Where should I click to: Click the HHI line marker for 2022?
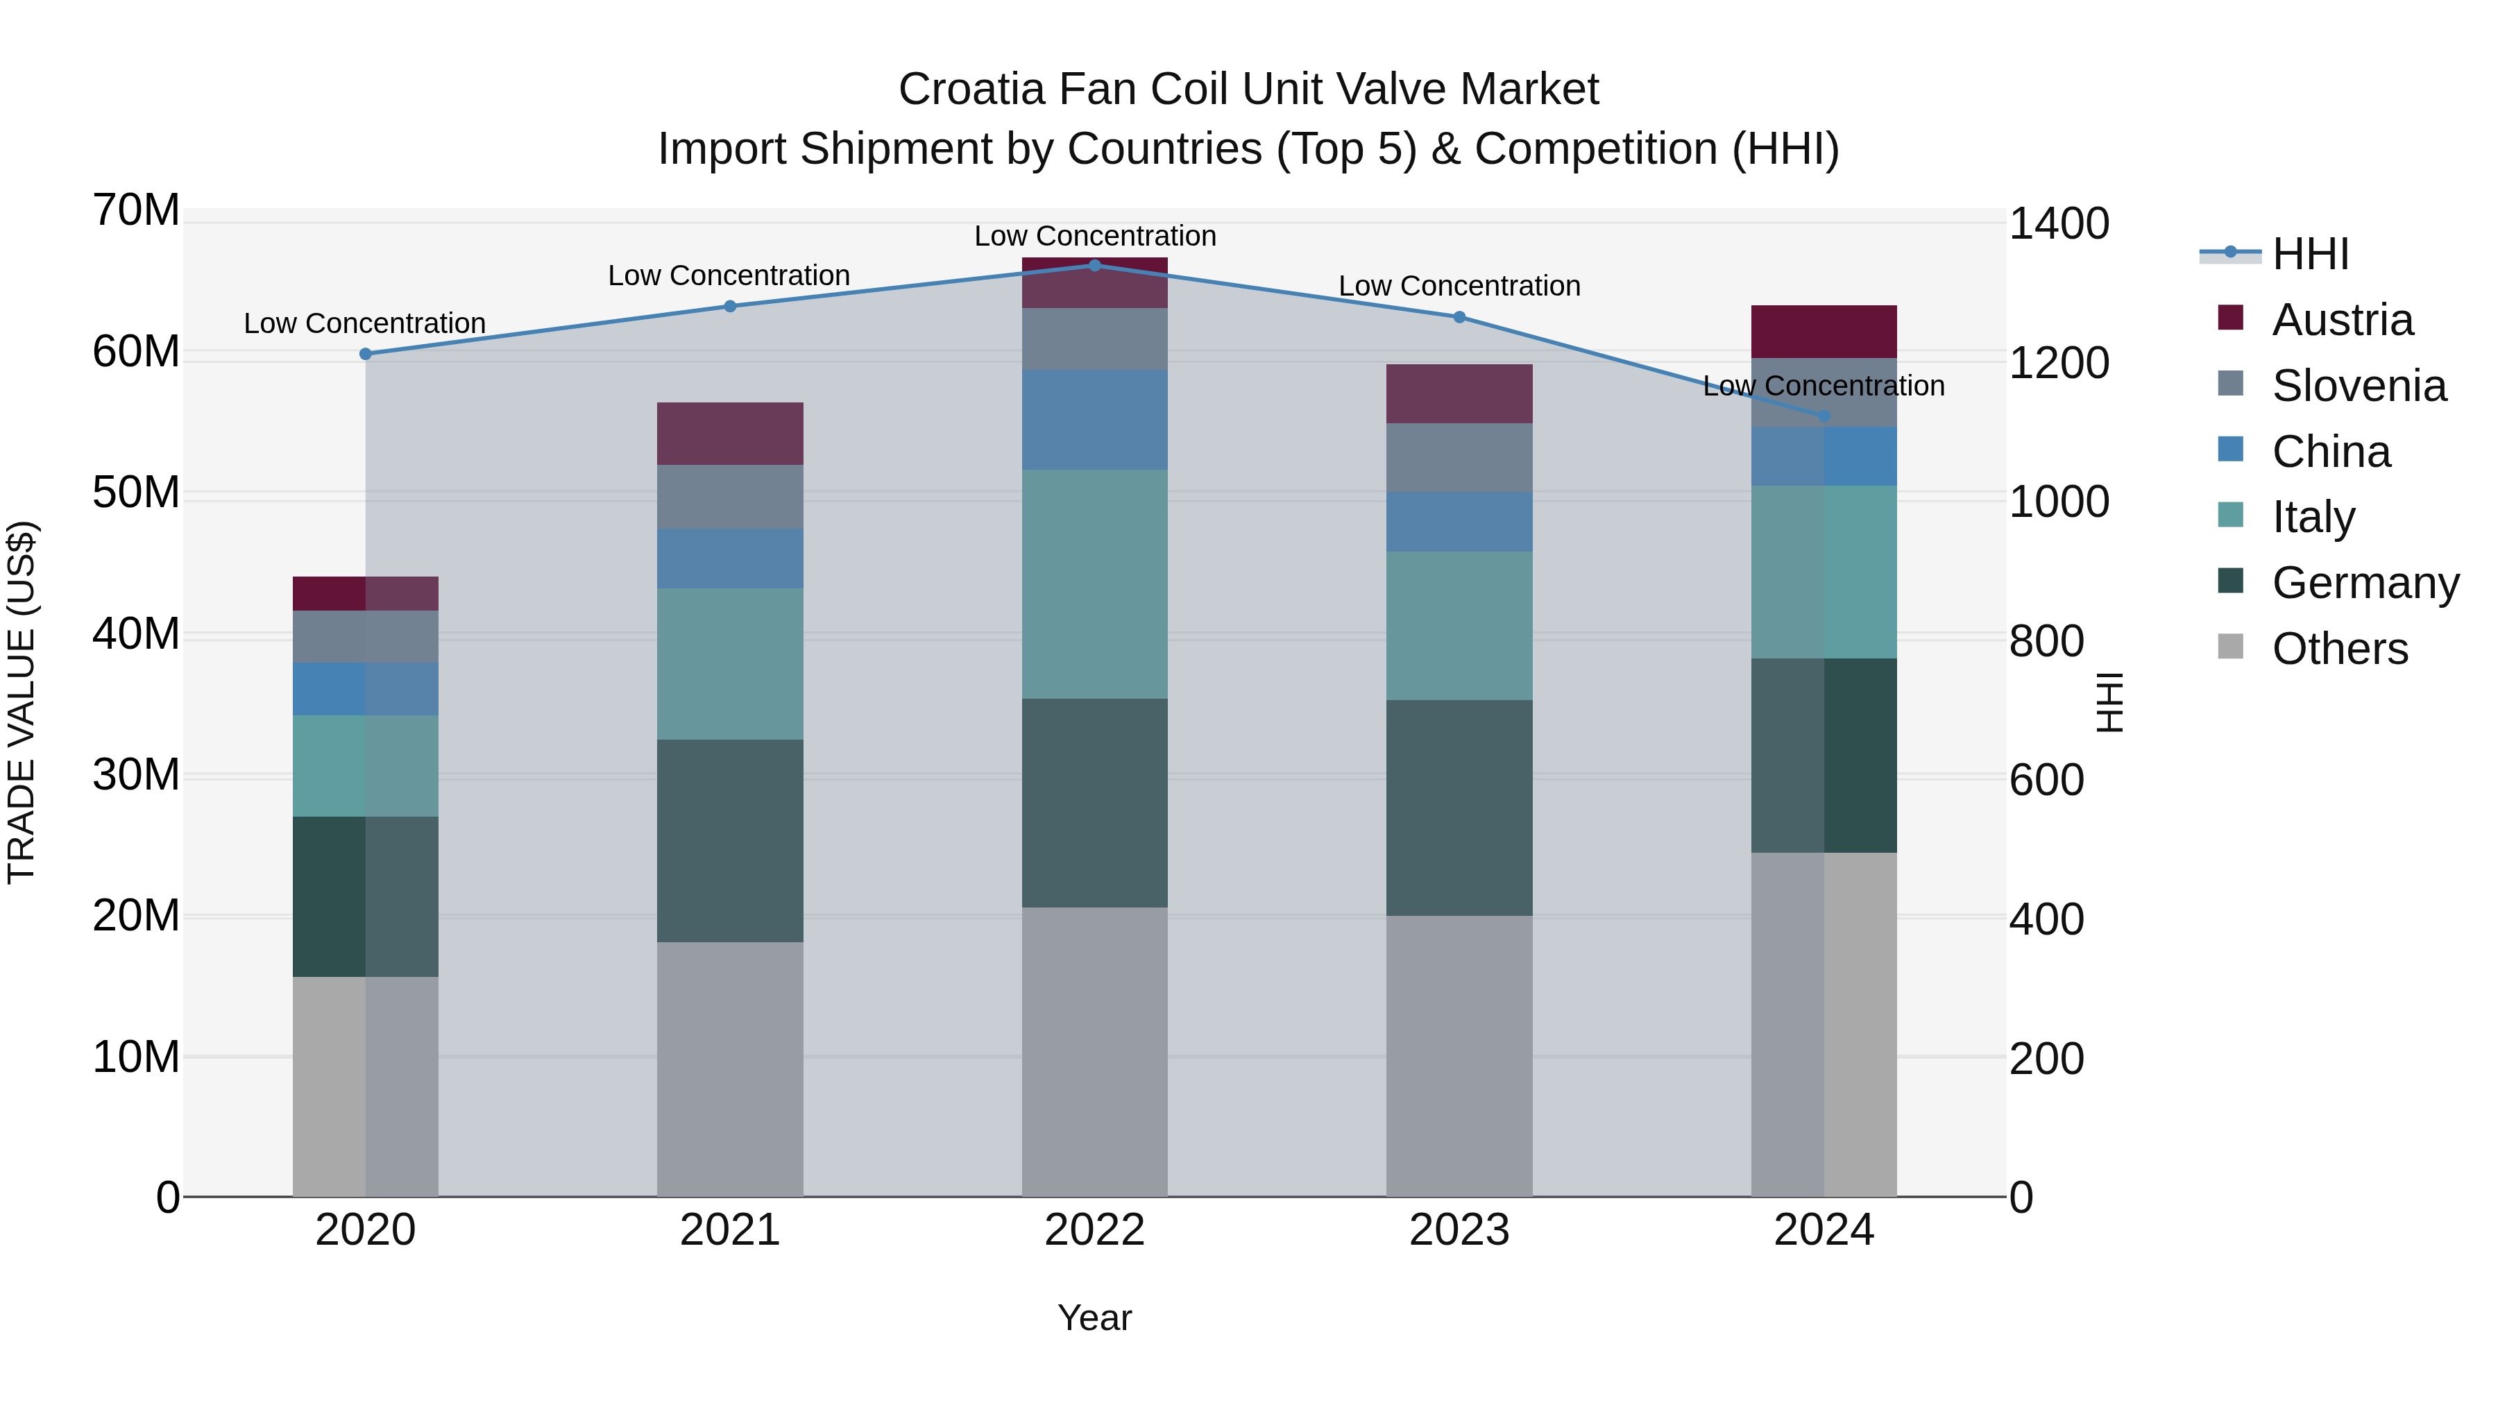[x=1095, y=265]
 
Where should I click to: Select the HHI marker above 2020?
[x=366, y=354]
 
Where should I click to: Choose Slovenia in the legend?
[x=2331, y=386]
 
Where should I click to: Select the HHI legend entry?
[x=2274, y=254]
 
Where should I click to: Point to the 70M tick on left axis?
[x=136, y=210]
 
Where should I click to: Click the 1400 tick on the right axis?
[x=2059, y=224]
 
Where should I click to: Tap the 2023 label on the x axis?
[x=1459, y=1230]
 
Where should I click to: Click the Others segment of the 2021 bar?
[x=730, y=1068]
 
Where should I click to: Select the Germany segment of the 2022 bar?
[x=1095, y=803]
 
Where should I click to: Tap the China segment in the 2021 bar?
[x=730, y=559]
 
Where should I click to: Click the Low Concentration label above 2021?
[x=729, y=275]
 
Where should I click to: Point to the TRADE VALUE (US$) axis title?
[x=22, y=702]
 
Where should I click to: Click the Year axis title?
[x=1095, y=1318]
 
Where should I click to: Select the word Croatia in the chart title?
[x=973, y=90]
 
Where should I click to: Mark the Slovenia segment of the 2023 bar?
[x=1459, y=458]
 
